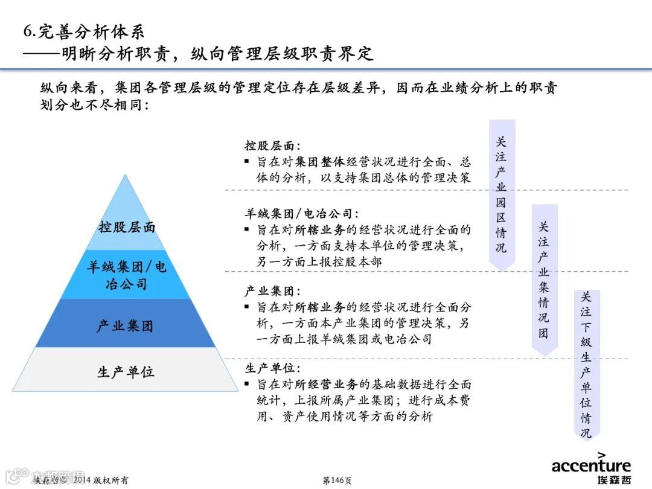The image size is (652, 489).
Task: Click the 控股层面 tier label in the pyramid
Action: point(127,228)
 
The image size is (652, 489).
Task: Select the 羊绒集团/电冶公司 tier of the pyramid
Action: point(126,275)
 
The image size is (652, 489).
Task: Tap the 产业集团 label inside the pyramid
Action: point(126,327)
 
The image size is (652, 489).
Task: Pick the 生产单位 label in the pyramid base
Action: point(126,372)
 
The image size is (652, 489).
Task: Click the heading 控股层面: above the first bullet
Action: point(272,146)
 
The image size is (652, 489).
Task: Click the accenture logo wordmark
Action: point(590,465)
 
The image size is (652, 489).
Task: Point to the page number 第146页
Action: point(337,481)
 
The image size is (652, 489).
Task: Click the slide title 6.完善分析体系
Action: point(84,31)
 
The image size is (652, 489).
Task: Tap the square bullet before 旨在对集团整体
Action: point(247,162)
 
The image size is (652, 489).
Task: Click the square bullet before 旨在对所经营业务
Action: point(247,384)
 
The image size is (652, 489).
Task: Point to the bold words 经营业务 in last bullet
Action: point(334,385)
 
